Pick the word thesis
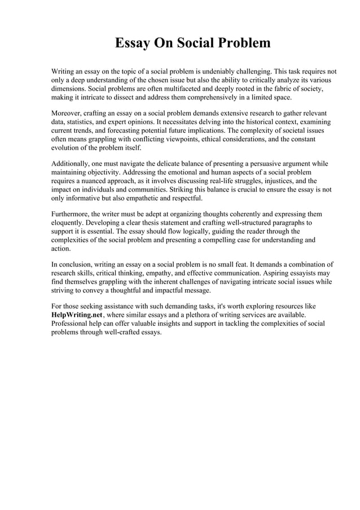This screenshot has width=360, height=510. [x=151, y=223]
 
